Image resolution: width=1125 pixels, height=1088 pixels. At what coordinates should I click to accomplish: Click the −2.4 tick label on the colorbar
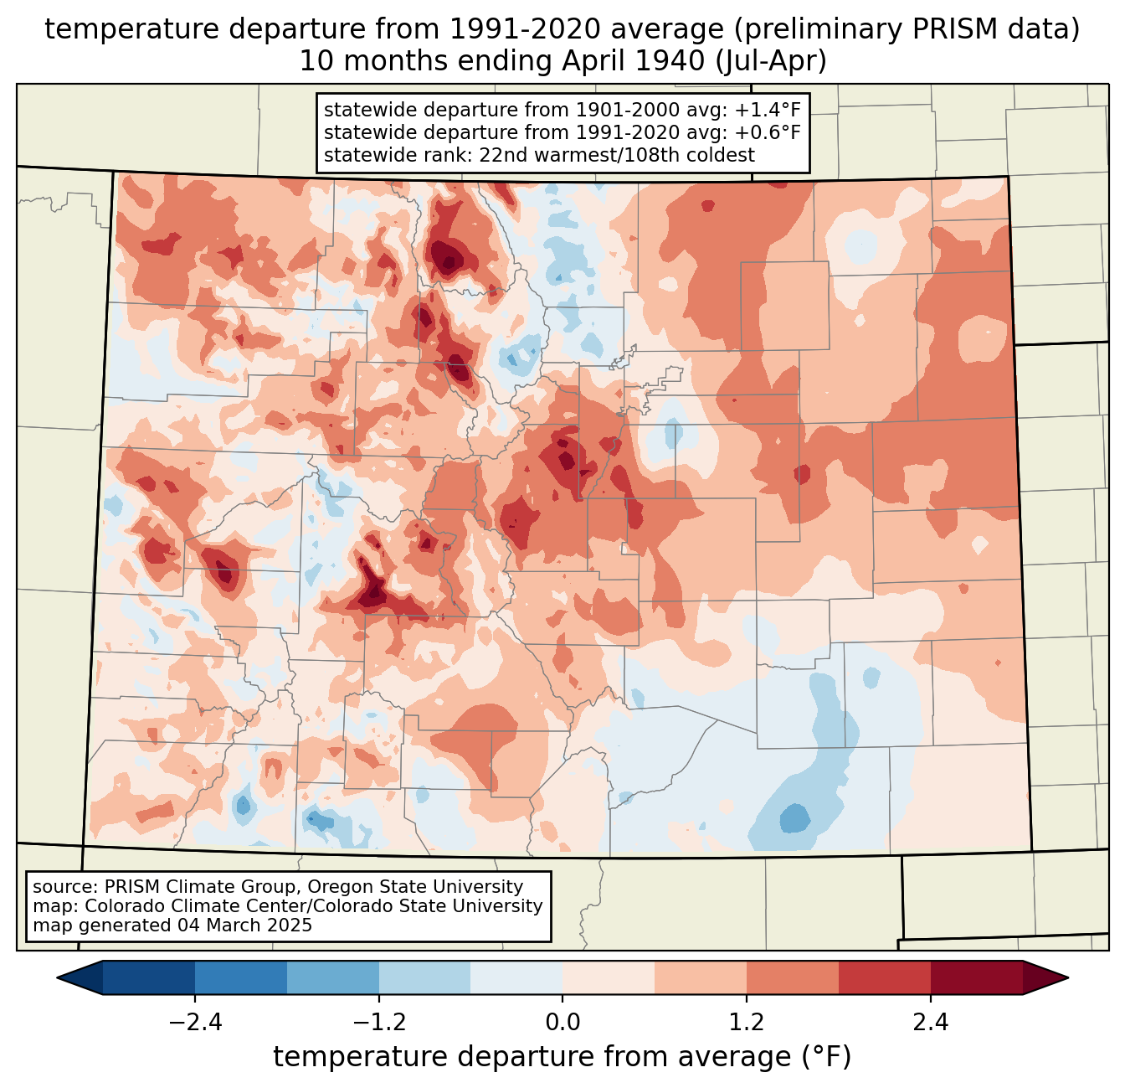point(195,1023)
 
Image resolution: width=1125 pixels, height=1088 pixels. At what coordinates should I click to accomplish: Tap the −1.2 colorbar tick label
point(379,1023)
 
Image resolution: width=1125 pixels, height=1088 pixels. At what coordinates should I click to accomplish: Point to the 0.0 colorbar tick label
point(562,1023)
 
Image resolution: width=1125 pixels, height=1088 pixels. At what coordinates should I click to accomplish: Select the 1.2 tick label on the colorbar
point(747,1023)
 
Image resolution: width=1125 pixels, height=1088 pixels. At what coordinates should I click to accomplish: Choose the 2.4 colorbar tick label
point(931,1023)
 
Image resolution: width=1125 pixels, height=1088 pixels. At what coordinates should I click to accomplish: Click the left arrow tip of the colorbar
point(57,978)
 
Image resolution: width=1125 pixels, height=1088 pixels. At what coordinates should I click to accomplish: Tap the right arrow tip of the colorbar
point(1068,978)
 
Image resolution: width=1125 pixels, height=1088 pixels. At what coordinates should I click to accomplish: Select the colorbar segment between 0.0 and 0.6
point(609,978)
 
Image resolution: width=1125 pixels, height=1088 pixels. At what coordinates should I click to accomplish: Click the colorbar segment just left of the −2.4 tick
point(149,978)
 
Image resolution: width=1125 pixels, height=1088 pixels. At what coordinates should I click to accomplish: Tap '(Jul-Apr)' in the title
point(771,61)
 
